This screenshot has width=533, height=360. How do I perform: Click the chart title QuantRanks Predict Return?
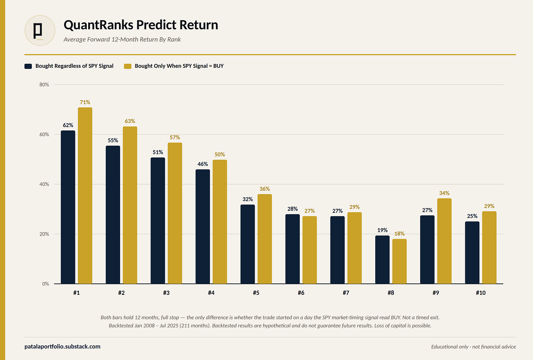point(141,25)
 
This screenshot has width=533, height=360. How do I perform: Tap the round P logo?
point(40,30)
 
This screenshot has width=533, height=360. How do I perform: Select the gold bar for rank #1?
point(85,196)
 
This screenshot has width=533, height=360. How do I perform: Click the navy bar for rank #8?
point(383,260)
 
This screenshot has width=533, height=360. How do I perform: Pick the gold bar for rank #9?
point(444,241)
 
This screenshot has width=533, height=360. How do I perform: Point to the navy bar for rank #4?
point(203,226)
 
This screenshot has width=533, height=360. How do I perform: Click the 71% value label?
point(85,102)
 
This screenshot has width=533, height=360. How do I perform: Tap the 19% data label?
point(383,230)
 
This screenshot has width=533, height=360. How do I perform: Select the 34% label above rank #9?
point(444,193)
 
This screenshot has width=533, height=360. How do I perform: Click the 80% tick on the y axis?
point(44,85)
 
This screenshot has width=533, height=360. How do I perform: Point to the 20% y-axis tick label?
point(44,234)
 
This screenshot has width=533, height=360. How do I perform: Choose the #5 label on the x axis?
point(256,293)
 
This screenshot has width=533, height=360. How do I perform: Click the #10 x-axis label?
point(481,293)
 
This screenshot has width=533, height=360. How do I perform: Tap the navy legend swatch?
point(28,66)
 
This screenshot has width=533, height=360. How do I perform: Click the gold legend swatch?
point(127,66)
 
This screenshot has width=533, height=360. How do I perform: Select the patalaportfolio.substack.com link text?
point(62,346)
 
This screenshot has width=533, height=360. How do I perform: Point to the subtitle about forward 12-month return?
point(122,39)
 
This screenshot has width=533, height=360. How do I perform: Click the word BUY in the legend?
point(219,66)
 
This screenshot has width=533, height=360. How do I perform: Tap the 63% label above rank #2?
point(130,121)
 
